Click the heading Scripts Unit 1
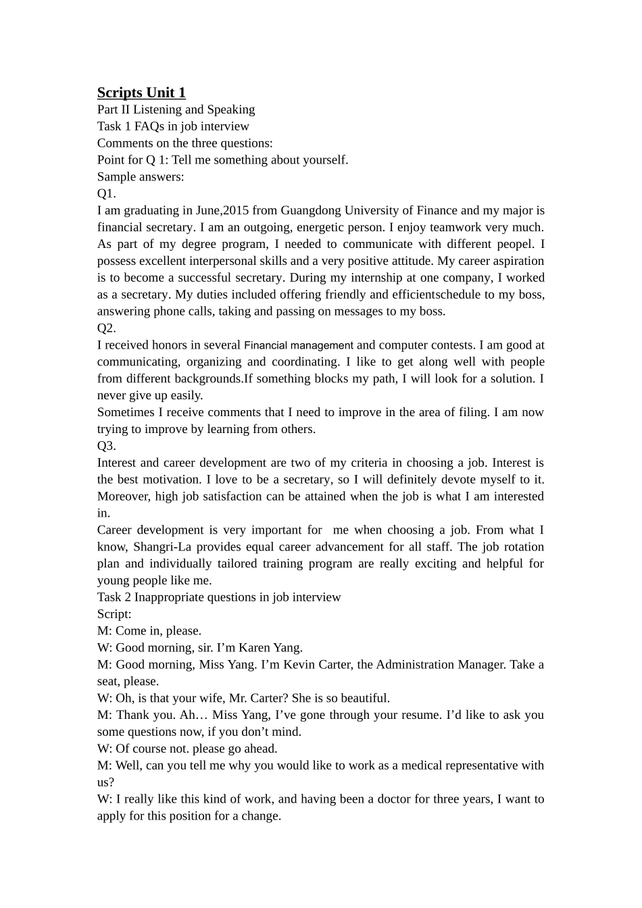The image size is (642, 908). tap(141, 93)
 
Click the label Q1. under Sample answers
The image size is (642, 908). tap(107, 194)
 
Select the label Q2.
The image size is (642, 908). tap(107, 328)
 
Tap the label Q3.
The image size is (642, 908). tap(107, 446)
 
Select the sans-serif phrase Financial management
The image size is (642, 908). tap(298, 345)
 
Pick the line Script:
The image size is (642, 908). tap(114, 614)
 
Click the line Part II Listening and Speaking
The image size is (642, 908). tap(176, 109)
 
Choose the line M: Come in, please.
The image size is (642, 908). tap(149, 631)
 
